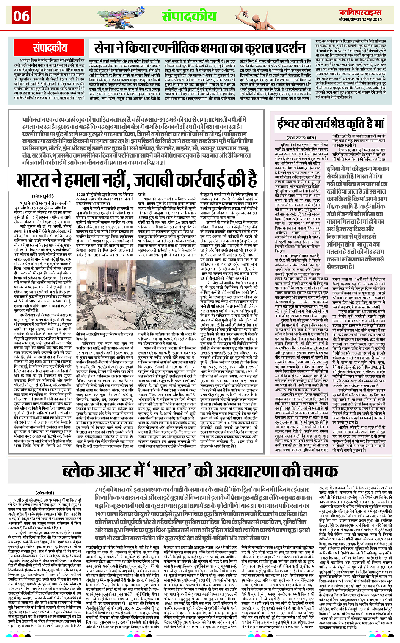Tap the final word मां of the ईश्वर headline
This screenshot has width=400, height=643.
376,124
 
